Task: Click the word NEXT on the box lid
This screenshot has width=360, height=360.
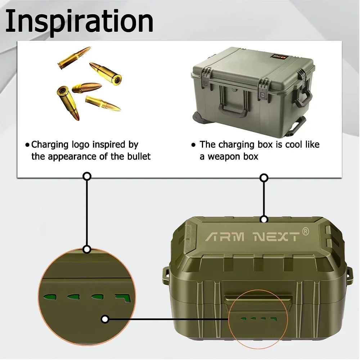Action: (x=276, y=237)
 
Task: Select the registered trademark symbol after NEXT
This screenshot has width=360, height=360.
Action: (x=305, y=231)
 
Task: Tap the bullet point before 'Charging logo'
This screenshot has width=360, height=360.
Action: (x=27, y=145)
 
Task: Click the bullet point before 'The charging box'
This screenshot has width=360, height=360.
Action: (x=193, y=145)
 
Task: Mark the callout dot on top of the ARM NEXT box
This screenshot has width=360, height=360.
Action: (x=264, y=219)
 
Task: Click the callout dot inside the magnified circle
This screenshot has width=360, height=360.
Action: (x=105, y=319)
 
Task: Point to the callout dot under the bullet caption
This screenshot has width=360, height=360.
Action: (x=87, y=176)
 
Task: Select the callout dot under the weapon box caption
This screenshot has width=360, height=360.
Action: (x=264, y=177)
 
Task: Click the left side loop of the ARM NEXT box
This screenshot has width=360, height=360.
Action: (x=165, y=274)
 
